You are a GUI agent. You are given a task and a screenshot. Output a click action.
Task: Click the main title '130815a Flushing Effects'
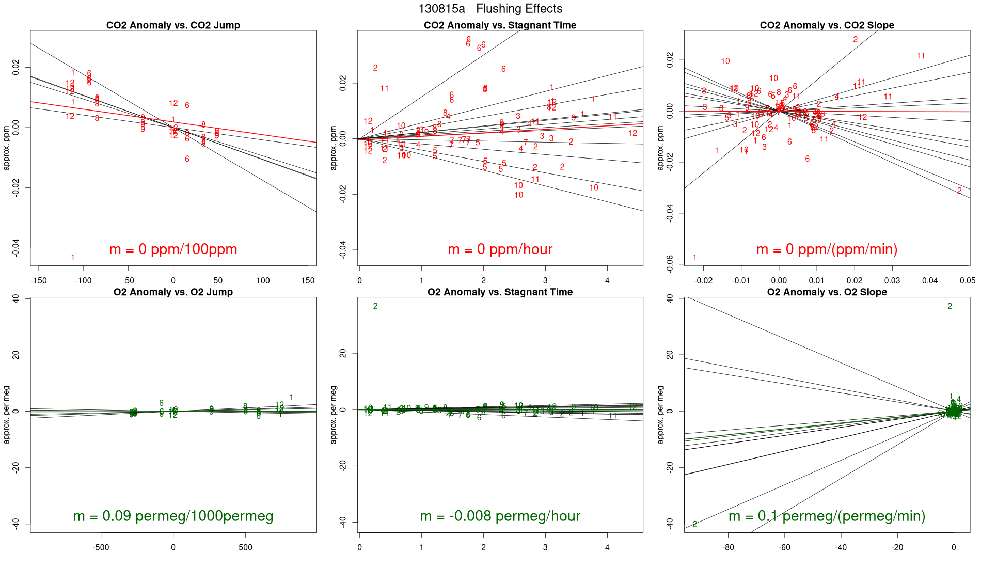[x=490, y=9]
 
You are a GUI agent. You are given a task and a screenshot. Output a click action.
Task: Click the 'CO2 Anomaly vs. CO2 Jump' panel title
[x=173, y=25]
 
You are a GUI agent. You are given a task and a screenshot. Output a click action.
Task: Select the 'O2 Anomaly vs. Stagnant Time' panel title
[x=500, y=292]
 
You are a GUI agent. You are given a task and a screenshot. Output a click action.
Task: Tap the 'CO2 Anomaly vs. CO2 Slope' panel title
[x=827, y=25]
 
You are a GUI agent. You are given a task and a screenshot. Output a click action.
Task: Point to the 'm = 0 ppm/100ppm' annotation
[x=173, y=249]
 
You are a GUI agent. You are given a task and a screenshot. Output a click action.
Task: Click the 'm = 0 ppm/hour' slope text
[x=500, y=249]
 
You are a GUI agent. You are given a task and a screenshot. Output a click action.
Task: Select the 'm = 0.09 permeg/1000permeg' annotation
[x=173, y=516]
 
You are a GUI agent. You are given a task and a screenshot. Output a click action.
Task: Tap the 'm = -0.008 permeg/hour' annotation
[x=500, y=516]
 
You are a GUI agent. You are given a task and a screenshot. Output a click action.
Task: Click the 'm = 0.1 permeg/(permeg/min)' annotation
[x=827, y=516]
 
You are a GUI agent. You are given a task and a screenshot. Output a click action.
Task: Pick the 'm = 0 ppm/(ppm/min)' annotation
[x=827, y=249]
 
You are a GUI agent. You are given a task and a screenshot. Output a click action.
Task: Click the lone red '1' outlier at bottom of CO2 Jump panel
[x=73, y=258]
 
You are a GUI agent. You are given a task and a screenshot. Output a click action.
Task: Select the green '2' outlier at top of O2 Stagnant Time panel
[x=375, y=306]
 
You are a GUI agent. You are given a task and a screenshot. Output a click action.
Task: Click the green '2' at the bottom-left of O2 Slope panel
[x=695, y=524]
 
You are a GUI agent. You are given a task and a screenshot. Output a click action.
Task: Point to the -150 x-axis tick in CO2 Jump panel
[x=39, y=281]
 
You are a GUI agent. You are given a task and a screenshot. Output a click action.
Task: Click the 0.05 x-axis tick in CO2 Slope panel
[x=967, y=281]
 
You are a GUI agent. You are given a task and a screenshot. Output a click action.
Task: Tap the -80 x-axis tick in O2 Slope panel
[x=728, y=547]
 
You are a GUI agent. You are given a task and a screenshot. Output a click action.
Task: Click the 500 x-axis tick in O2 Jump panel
[x=246, y=547]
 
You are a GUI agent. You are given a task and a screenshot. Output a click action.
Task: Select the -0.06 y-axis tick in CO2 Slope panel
[x=670, y=264]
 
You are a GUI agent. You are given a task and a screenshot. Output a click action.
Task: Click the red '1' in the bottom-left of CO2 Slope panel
[x=695, y=258]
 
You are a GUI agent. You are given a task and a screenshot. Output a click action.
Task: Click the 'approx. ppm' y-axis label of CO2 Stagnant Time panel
[x=334, y=148]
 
